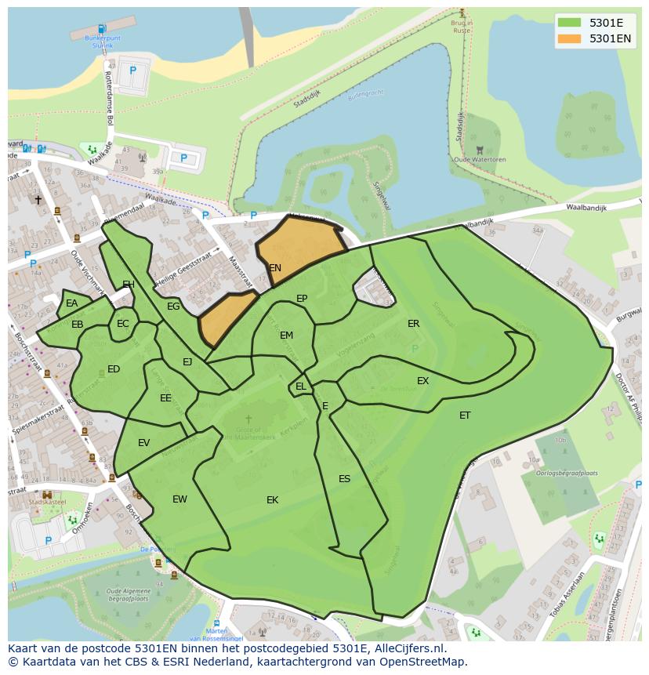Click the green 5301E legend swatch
click(x=569, y=23)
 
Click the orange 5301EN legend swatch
click(x=569, y=38)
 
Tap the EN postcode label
click(x=275, y=268)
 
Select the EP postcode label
click(x=302, y=299)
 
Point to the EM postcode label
click(x=286, y=336)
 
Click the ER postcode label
click(x=413, y=324)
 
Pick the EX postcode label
click(x=422, y=381)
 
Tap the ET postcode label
click(x=465, y=416)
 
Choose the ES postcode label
click(x=344, y=479)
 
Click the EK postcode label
click(x=272, y=500)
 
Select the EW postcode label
click(x=179, y=499)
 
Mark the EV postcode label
click(x=143, y=443)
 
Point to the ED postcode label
click(x=114, y=369)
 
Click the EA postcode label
click(x=71, y=303)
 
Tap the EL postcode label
click(x=301, y=386)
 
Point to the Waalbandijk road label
click(x=589, y=208)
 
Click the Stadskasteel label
click(x=47, y=502)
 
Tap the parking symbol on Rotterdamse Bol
click(x=132, y=71)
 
